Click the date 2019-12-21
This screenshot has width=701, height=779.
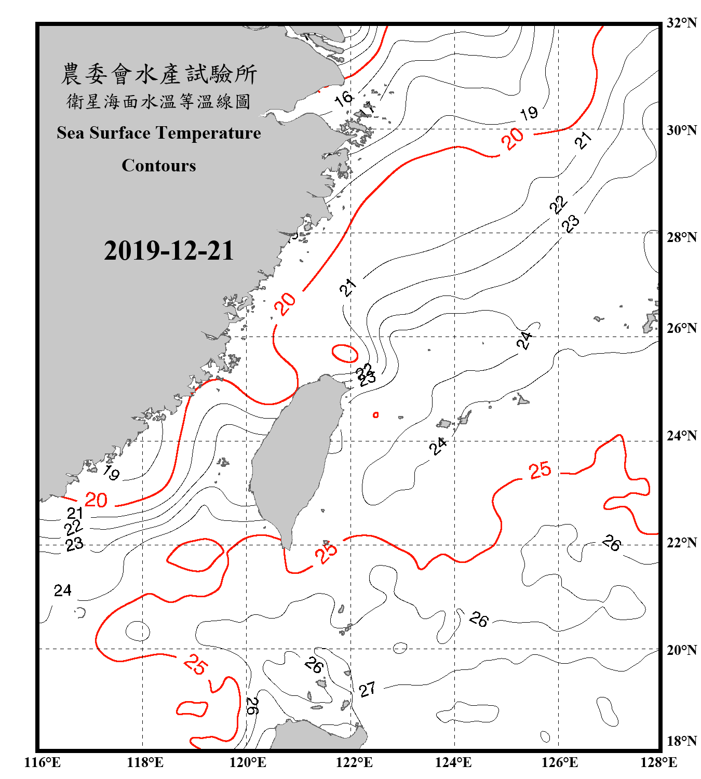click(x=169, y=250)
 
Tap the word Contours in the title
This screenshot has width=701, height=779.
click(x=159, y=166)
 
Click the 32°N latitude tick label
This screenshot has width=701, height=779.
click(x=681, y=23)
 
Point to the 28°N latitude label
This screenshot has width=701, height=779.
click(x=681, y=237)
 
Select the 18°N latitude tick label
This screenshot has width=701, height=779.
click(x=681, y=741)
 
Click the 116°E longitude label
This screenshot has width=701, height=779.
click(x=43, y=762)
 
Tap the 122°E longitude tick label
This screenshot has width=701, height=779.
click(x=354, y=762)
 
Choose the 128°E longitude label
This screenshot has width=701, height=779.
click(x=658, y=762)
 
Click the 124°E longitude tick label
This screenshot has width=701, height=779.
click(x=453, y=762)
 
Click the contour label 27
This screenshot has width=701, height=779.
click(x=367, y=690)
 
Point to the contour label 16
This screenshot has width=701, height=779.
click(x=344, y=98)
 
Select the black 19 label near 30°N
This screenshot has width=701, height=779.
click(x=529, y=113)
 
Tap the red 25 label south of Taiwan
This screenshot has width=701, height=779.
click(x=326, y=552)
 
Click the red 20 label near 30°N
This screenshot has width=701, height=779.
click(x=513, y=139)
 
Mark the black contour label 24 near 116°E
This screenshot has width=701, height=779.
click(x=63, y=590)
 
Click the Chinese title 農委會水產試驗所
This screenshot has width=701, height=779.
click(x=159, y=74)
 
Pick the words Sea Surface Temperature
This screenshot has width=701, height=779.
click(x=159, y=133)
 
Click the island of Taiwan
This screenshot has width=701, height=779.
click(x=293, y=457)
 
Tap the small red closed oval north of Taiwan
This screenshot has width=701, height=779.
click(x=345, y=353)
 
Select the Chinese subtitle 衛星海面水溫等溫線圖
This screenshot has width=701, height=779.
click(x=159, y=102)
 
